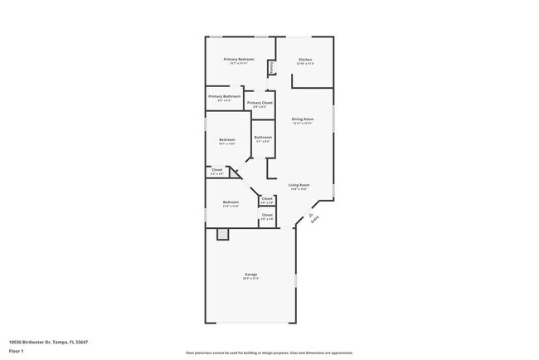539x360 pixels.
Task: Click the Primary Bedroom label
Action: coord(239,60)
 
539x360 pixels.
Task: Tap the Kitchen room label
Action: coord(305,60)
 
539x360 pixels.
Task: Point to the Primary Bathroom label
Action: coord(224,96)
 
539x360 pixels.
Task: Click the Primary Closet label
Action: coord(260,103)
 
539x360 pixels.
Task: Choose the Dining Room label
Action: coord(303,119)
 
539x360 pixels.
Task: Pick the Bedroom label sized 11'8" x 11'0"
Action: coord(231,202)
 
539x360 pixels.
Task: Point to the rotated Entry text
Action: coord(313,220)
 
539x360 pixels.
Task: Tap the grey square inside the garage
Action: coord(222,235)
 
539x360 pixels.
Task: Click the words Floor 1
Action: coord(17,352)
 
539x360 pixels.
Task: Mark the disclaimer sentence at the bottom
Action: coord(269,352)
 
